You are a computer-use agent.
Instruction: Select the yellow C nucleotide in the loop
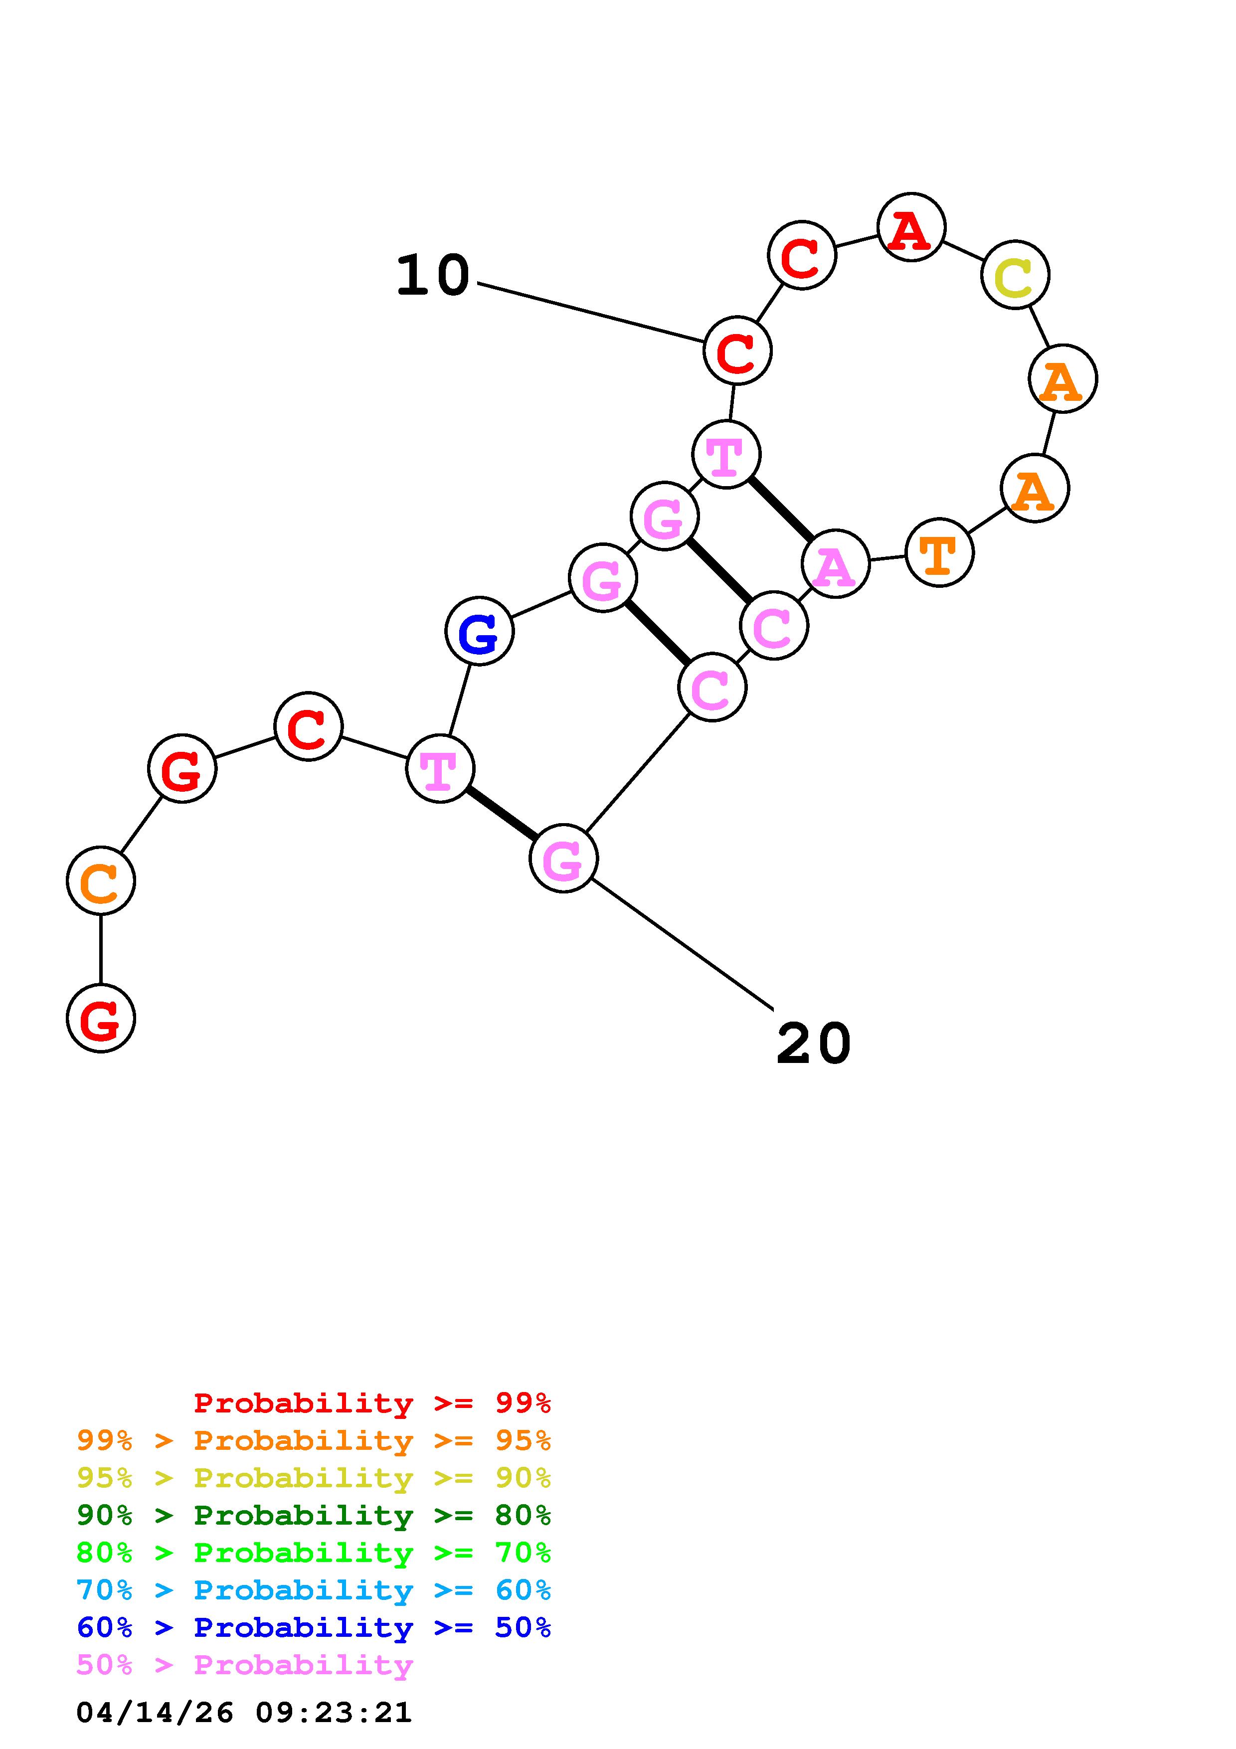(1015, 275)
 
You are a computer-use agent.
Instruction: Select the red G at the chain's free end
(101, 1019)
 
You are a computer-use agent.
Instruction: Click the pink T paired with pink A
(726, 455)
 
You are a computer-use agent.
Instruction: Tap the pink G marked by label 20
(563, 859)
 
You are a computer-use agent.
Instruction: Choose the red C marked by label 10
(737, 350)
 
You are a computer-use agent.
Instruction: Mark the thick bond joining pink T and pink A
(781, 510)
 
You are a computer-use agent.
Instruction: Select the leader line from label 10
(590, 312)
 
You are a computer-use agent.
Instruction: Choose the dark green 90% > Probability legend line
(313, 1515)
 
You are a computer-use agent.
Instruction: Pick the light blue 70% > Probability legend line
(313, 1590)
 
